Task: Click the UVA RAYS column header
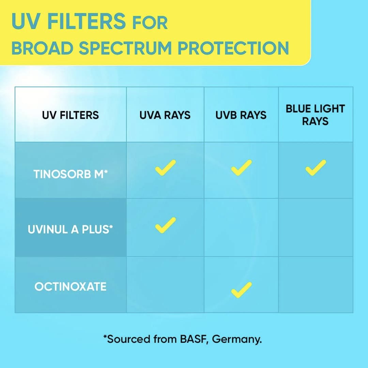click(165, 115)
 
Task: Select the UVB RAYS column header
click(241, 115)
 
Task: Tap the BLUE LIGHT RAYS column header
click(315, 115)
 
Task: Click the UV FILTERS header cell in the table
click(71, 115)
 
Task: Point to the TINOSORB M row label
click(71, 174)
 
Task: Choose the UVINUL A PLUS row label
click(71, 229)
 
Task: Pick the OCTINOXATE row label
click(71, 287)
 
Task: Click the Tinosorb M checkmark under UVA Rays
click(166, 168)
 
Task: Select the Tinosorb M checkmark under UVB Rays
click(242, 168)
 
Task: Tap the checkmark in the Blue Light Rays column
click(316, 168)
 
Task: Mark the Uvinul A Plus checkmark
click(166, 226)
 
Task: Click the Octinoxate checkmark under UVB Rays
click(242, 290)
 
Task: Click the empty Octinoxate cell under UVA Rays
click(165, 285)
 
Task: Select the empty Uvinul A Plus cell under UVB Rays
click(241, 227)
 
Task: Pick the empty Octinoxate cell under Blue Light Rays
click(316, 285)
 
